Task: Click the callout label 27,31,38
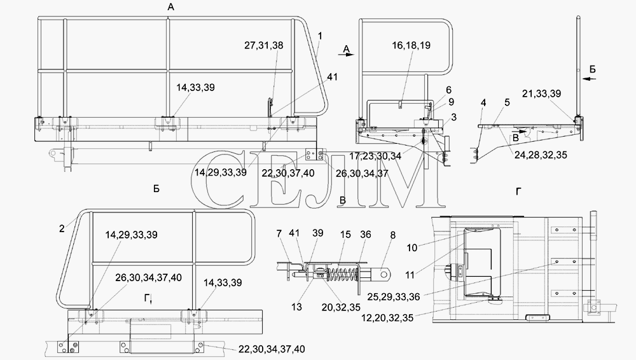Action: coord(264,45)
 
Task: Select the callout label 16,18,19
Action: coord(411,45)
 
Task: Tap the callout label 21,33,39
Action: coord(541,93)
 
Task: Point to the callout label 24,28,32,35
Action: coord(541,155)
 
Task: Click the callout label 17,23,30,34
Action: coord(375,155)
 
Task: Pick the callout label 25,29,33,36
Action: coord(394,296)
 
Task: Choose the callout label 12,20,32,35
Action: coord(387,318)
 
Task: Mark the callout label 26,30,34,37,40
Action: coord(148,278)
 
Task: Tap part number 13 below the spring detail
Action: coord(296,307)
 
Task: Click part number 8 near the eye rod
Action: coord(392,235)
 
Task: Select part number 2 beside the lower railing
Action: coord(62,229)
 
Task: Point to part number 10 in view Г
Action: coord(412,248)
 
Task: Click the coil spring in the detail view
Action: coord(339,271)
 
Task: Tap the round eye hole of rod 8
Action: coord(384,274)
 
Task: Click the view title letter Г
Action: coord(518,191)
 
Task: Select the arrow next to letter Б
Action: coord(590,78)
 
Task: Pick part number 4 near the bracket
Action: coord(483,103)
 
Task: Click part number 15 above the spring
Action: coord(345,235)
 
